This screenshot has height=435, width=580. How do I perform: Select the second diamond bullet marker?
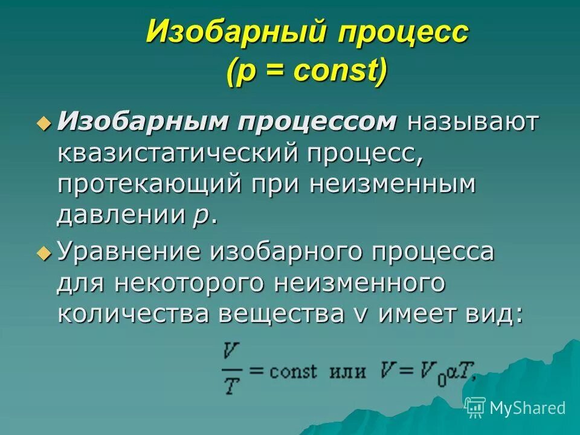click(42, 253)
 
